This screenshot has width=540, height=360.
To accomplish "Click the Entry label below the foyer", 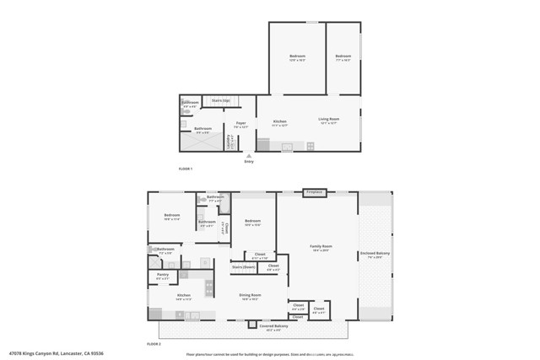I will (x=249, y=161).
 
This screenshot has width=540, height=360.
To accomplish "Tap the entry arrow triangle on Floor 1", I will (x=249, y=155).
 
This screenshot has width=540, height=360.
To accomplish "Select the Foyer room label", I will (x=241, y=123).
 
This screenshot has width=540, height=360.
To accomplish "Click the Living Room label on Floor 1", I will (x=328, y=121).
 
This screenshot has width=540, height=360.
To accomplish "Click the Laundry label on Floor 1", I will (x=229, y=142).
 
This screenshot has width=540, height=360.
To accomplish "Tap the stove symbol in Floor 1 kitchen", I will (x=310, y=146).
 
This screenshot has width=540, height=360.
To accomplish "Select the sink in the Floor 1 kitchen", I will (x=287, y=147).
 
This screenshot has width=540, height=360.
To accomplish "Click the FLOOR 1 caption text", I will (x=186, y=169).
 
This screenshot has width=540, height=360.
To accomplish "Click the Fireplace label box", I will (x=315, y=193).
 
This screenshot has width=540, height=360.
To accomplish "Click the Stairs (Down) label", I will (x=244, y=266).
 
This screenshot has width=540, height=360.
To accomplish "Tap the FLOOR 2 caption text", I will (x=154, y=344).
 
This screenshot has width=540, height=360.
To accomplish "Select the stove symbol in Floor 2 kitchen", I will (x=206, y=287).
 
